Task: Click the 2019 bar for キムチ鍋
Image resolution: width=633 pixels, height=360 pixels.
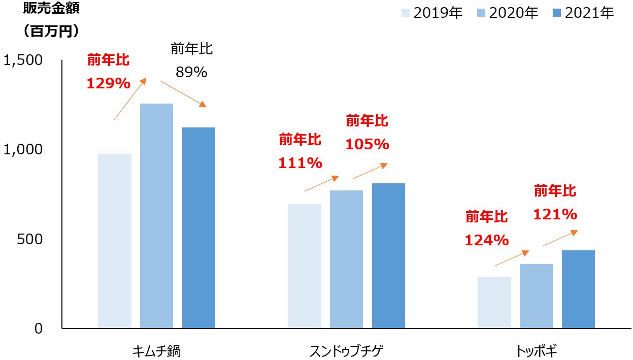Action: (x=115, y=241)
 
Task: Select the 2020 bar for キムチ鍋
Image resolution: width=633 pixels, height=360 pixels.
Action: (x=156, y=216)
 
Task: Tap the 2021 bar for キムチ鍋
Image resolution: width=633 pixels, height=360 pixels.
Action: (x=198, y=227)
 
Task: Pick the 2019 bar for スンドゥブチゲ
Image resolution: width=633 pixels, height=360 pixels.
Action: (x=305, y=266)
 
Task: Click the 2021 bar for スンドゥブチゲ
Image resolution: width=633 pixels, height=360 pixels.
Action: (x=388, y=255)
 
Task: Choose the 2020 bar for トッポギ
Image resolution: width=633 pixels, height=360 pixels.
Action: (x=536, y=296)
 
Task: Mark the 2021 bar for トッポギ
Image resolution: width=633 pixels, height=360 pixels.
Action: (x=578, y=289)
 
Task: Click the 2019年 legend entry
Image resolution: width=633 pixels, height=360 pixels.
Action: (x=432, y=13)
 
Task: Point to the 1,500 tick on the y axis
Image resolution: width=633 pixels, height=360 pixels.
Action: (x=23, y=60)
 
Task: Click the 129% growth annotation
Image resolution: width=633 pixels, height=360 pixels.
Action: (x=109, y=83)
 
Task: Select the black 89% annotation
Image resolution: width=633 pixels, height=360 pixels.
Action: (x=191, y=73)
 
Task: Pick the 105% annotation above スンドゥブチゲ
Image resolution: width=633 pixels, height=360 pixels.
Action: (x=367, y=144)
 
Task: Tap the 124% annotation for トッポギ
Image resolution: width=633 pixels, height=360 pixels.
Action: (x=487, y=240)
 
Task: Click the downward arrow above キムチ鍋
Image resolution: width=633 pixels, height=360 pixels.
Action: (x=183, y=94)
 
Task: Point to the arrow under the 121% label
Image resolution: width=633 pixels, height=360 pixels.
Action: (x=560, y=238)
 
